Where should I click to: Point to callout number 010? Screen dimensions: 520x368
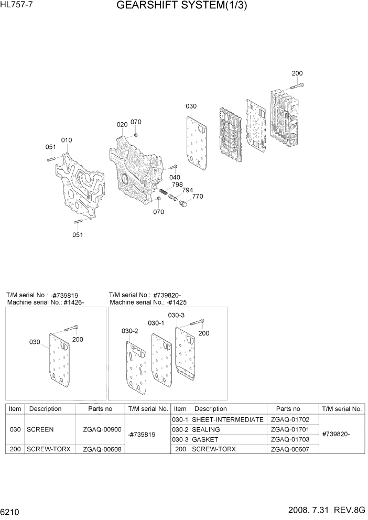click(67, 140)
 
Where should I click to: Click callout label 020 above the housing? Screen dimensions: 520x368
click(122, 124)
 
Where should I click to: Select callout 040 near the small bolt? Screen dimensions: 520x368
click(175, 177)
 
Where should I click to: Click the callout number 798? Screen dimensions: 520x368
click(177, 185)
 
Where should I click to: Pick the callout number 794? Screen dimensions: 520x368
click(187, 190)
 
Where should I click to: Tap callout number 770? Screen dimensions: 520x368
click(197, 197)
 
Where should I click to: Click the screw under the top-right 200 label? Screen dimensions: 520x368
click(297, 85)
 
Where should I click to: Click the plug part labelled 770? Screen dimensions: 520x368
click(183, 204)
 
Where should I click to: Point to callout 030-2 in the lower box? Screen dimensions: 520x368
click(129, 331)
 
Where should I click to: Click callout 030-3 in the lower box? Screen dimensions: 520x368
click(176, 315)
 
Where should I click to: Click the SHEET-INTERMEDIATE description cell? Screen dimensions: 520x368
click(228, 419)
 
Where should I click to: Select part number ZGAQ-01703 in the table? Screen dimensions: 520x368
click(290, 439)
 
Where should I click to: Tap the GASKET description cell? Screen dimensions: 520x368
click(205, 439)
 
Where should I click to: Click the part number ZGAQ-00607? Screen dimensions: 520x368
click(290, 449)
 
